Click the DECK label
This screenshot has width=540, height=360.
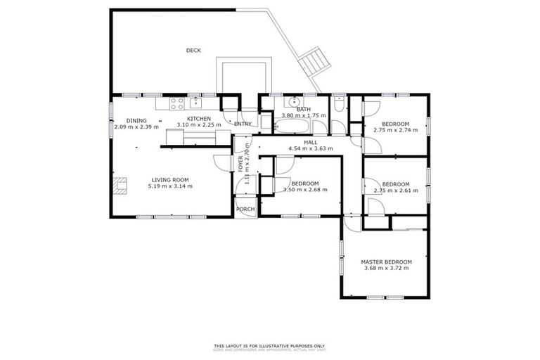click(x=193, y=50)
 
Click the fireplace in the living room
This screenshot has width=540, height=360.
click(x=120, y=186)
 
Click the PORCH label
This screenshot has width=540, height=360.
click(x=245, y=210)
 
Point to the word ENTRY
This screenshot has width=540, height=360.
click(x=243, y=124)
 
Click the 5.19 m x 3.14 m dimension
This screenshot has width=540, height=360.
click(x=170, y=186)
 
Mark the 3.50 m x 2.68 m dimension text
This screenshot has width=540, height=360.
click(x=306, y=190)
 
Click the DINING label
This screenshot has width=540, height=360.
click(x=136, y=120)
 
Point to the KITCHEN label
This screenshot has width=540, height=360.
click(x=199, y=118)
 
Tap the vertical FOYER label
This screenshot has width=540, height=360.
click(x=240, y=165)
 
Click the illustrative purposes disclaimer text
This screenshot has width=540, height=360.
click(x=270, y=346)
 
